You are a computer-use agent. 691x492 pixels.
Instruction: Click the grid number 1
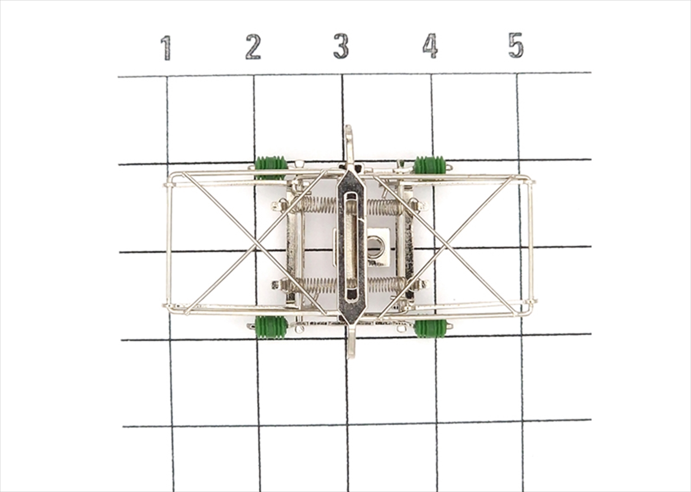166,48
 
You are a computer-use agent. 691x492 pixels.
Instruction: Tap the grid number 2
253,47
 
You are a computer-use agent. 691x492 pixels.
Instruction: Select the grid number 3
341,46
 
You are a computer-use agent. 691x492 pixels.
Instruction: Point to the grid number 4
430,46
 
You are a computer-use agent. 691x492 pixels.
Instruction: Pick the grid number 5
516,45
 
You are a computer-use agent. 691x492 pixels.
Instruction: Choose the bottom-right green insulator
431,328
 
